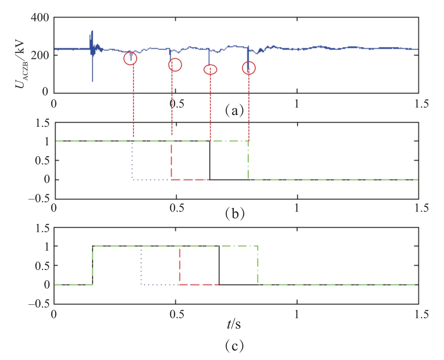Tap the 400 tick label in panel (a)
(40, 19)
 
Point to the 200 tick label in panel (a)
(40, 55)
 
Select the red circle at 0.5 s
(175, 65)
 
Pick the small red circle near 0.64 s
(210, 69)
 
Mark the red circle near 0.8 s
(249, 68)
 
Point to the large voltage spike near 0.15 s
(92, 50)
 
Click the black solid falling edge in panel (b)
(210, 160)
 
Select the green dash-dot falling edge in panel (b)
(248, 160)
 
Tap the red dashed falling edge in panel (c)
(180, 265)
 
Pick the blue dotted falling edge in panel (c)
(142, 265)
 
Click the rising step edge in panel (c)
(93, 265)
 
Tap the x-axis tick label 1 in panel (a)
(297, 103)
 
